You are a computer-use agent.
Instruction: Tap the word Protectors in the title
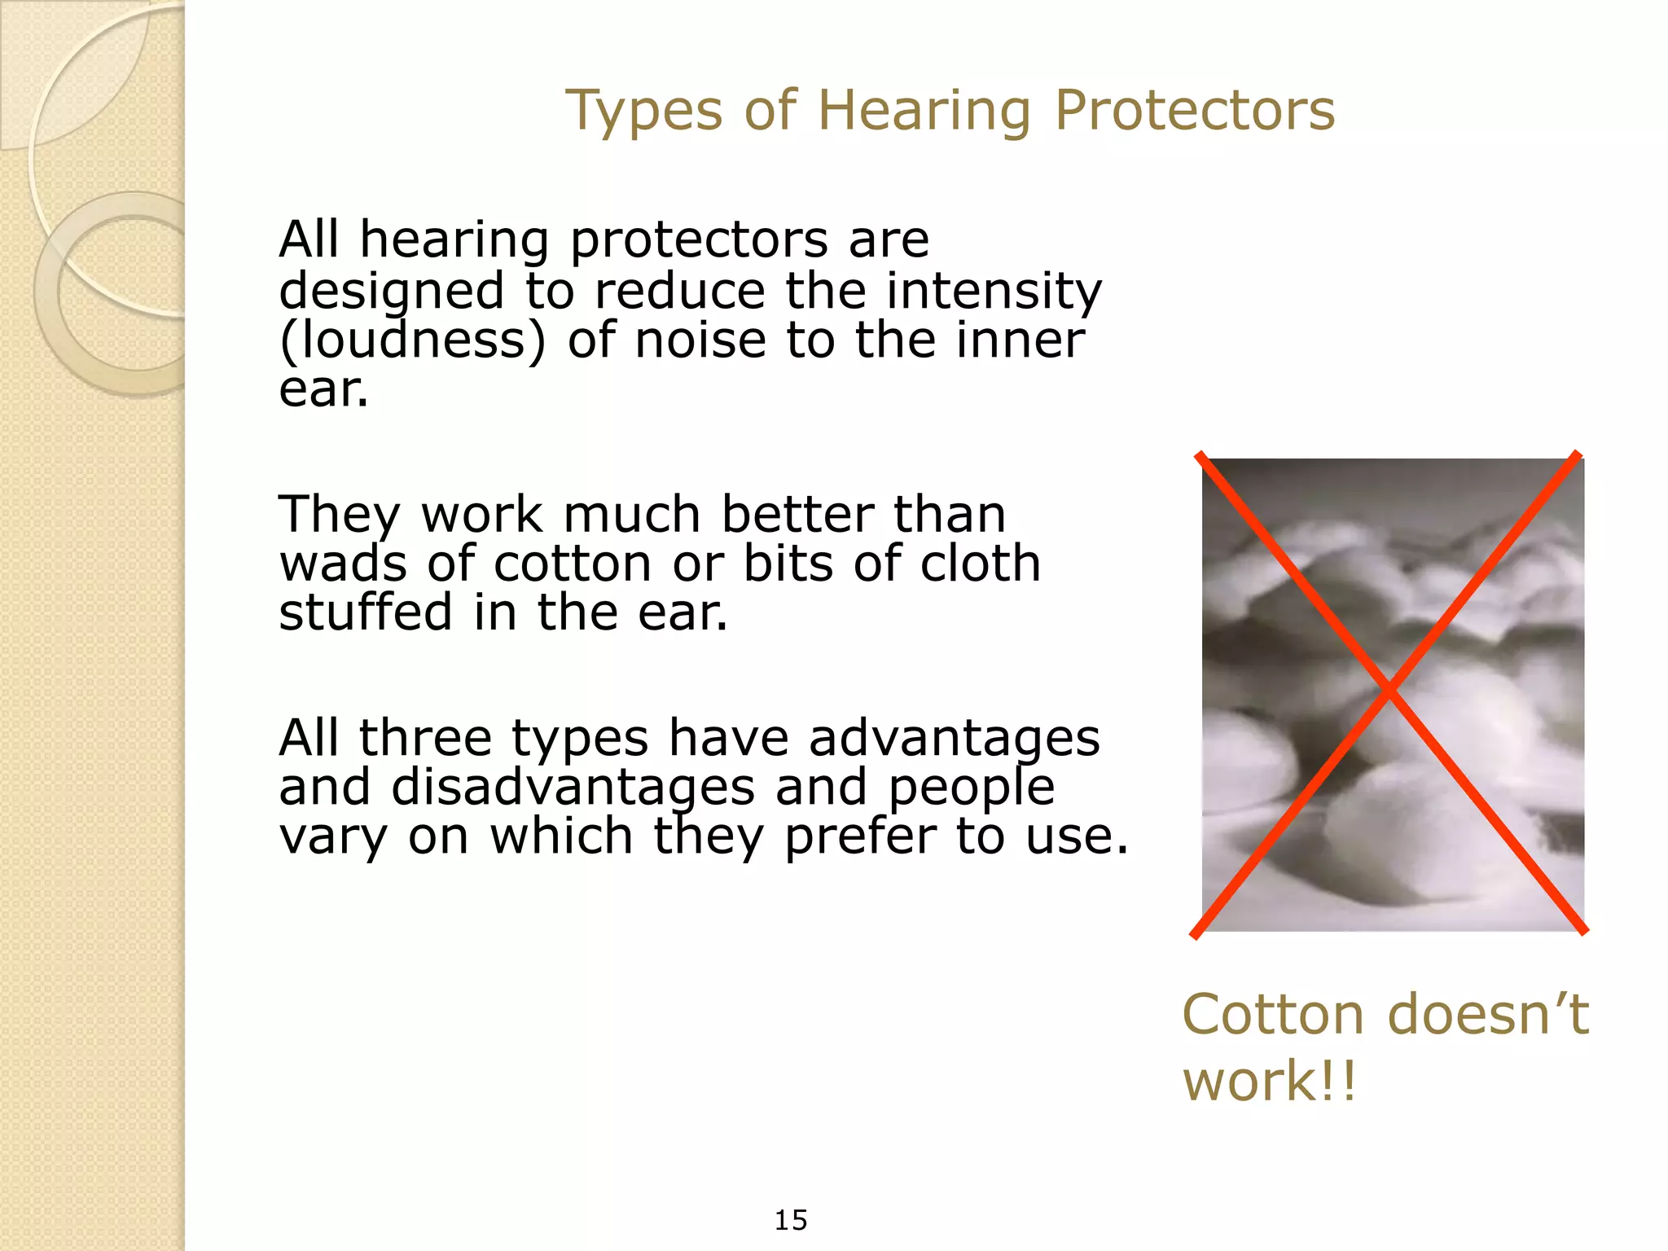point(1195,111)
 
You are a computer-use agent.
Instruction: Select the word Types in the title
point(643,112)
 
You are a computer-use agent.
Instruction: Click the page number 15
point(790,1220)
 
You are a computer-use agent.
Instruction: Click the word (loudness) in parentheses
point(412,340)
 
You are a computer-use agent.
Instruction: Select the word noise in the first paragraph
point(700,340)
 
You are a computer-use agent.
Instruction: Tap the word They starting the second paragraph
point(340,515)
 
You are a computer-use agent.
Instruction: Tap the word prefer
point(860,837)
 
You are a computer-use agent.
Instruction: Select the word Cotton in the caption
point(1272,1015)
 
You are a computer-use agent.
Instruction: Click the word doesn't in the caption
point(1487,1015)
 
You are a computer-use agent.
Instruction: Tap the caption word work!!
point(1269,1082)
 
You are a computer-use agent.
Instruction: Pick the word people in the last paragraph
point(971,788)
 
